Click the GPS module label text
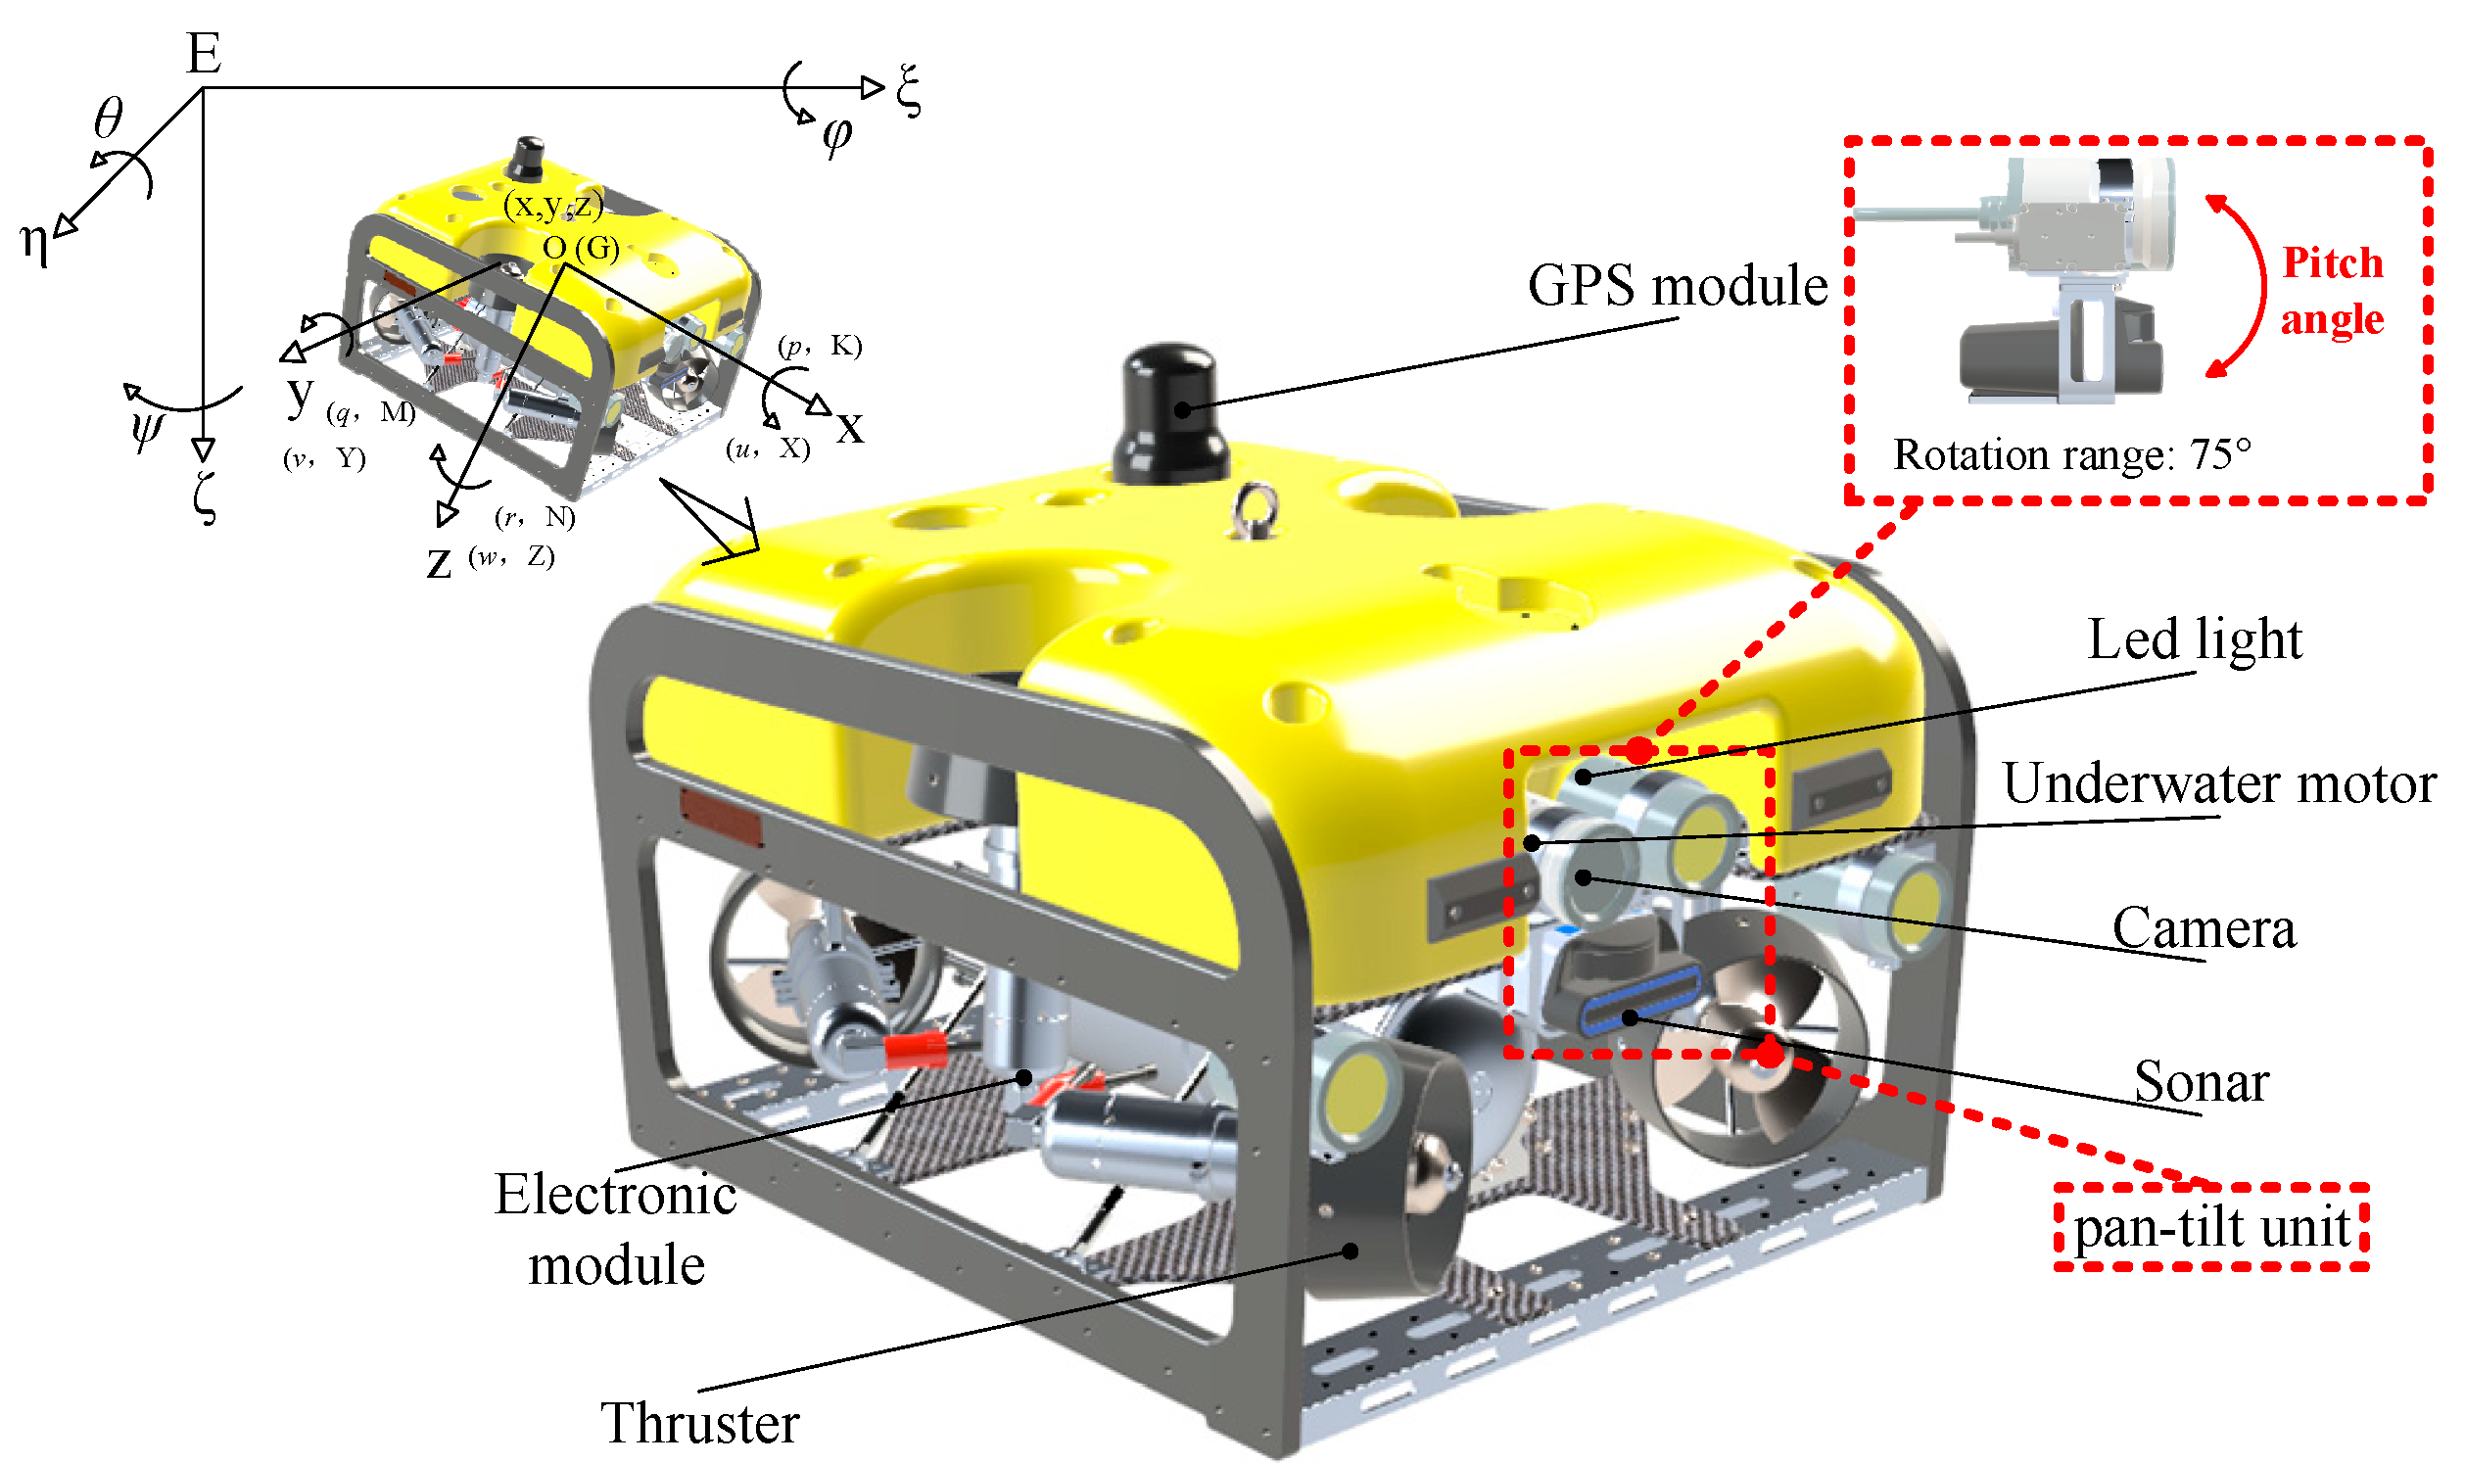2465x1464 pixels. point(1677,286)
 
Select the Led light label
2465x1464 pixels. point(2194,639)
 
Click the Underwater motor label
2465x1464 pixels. point(2218,783)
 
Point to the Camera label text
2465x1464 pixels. point(2204,928)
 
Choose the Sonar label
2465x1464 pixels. point(2201,1081)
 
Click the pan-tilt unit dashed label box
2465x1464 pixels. point(2210,1227)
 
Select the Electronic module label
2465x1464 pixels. point(615,1229)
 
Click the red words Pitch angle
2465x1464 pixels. point(2332,291)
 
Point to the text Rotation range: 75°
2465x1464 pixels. point(2071,454)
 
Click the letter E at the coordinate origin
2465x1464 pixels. point(203,53)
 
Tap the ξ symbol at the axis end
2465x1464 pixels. point(909,90)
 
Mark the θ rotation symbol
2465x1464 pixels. point(109,118)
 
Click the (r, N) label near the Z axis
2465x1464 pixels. point(535,516)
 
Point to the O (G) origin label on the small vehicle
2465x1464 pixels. point(581,248)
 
